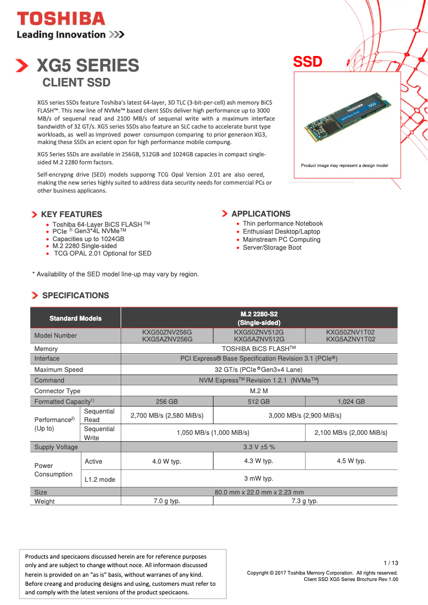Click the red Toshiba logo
point(61,19)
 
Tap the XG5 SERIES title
point(88,66)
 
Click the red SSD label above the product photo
point(308,62)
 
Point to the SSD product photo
point(347,118)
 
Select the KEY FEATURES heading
point(72,214)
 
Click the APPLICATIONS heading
point(260,214)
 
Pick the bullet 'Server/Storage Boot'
point(272,248)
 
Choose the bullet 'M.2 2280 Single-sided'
point(84,246)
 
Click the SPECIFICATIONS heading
point(75,296)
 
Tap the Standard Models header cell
point(75,318)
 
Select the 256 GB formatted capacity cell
point(167,401)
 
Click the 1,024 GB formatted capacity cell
point(351,401)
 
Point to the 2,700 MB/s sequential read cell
point(167,415)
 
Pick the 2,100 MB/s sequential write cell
point(351,433)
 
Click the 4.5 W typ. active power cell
point(351,461)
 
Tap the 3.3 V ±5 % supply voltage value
point(259,447)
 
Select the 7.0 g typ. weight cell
point(167,501)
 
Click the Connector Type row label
point(58,391)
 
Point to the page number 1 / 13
point(391,563)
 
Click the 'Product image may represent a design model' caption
point(344,165)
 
